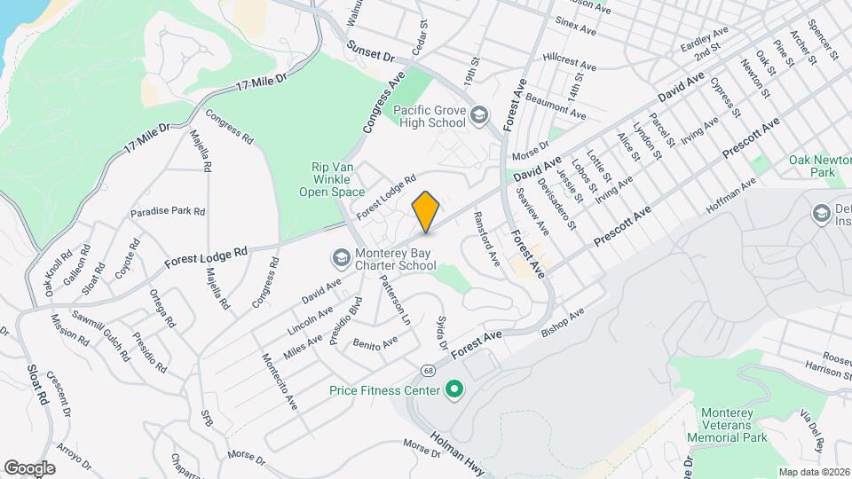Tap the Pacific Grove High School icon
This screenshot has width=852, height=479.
point(480,115)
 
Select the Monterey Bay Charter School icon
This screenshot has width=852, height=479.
point(341,257)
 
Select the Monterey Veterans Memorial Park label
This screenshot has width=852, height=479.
point(733,425)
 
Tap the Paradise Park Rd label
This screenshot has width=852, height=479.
point(168,212)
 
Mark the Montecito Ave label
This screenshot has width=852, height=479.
point(279,381)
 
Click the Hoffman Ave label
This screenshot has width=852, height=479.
point(730,195)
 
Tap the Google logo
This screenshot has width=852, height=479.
point(29,467)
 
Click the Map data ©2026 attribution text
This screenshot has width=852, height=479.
point(813,472)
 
